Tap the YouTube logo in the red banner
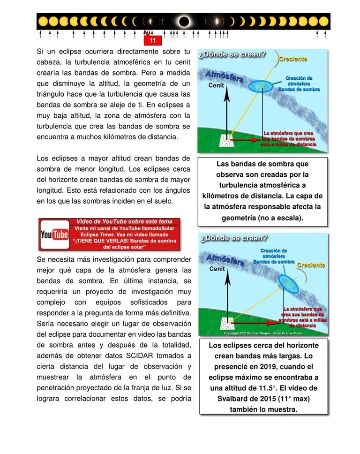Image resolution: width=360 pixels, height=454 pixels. click(x=54, y=235)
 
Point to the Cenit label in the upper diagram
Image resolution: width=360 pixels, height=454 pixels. click(x=217, y=86)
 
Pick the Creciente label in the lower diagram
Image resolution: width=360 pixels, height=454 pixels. click(x=311, y=265)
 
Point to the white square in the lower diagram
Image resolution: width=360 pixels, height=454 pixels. click(x=227, y=323)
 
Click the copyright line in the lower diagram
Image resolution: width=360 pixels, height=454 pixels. click(x=262, y=333)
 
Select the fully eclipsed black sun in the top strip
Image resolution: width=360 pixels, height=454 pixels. click(x=184, y=22)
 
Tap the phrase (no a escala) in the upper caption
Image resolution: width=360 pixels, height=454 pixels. click(x=280, y=218)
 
